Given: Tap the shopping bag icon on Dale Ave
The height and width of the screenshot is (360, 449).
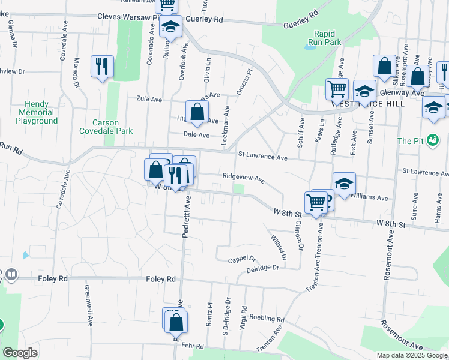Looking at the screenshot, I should pyautogui.click(x=197, y=111).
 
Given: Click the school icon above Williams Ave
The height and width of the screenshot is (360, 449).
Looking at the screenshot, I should pyautogui.click(x=344, y=184).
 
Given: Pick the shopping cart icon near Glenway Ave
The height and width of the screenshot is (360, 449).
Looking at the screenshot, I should pyautogui.click(x=337, y=89).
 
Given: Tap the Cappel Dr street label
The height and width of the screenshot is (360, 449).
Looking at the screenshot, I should pyautogui.click(x=242, y=259).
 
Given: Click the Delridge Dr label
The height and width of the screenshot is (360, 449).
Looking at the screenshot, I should pyautogui.click(x=262, y=269).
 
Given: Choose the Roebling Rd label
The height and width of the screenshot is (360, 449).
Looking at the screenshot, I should pyautogui.click(x=266, y=318).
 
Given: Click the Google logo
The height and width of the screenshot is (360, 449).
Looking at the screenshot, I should pyautogui.click(x=20, y=353).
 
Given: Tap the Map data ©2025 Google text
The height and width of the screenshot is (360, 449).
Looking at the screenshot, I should pyautogui.click(x=412, y=355).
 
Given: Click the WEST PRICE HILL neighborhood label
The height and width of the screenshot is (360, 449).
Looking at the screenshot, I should pyautogui.click(x=368, y=103).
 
